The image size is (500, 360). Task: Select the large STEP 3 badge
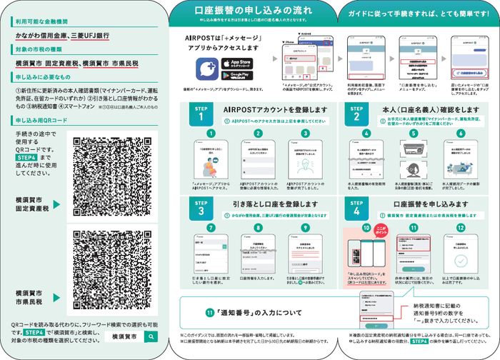[x=201, y=209]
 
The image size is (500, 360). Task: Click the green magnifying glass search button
[x=151, y=335]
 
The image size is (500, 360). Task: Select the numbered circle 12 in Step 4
[x=461, y=228]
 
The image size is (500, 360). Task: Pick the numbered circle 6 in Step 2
[x=461, y=133]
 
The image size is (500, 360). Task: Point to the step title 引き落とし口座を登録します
[x=270, y=204]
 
